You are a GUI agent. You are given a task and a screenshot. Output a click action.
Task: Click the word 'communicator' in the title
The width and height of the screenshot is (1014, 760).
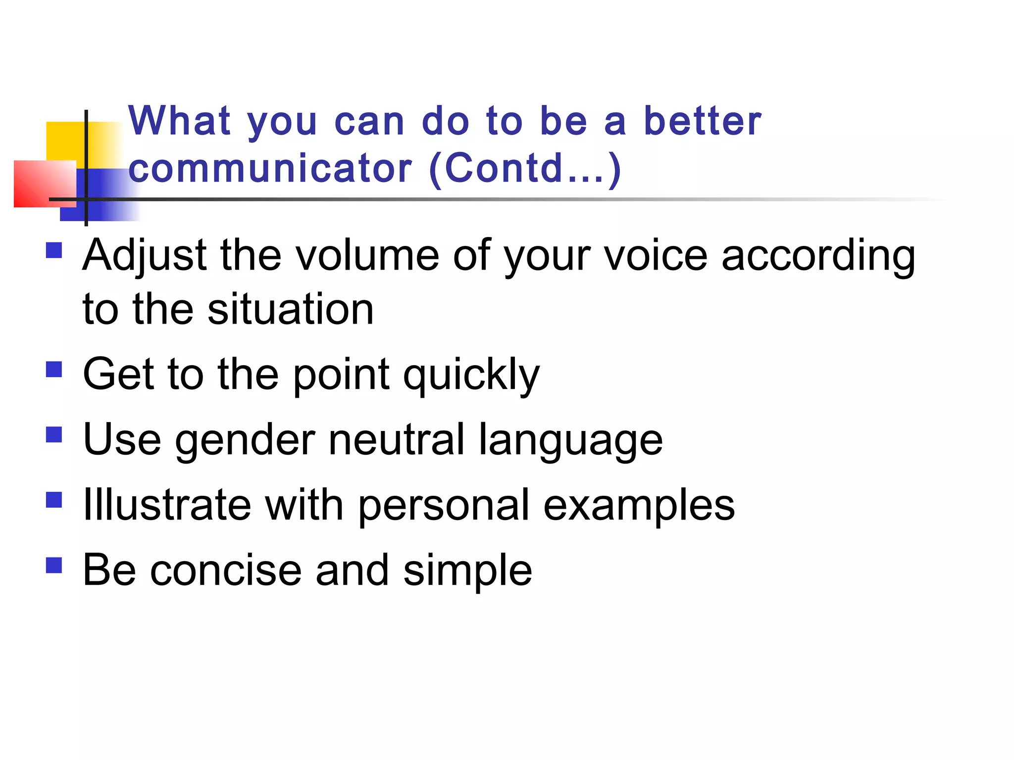[270, 168]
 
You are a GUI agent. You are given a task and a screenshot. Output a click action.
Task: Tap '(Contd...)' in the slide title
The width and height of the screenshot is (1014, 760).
[525, 168]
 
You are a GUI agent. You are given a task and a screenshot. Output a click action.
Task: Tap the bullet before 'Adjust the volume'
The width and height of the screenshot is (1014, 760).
[54, 250]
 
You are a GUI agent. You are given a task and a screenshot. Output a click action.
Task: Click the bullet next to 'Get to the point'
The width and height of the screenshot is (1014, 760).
[54, 369]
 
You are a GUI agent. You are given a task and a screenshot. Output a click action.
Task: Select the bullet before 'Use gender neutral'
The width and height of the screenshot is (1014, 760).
[54, 435]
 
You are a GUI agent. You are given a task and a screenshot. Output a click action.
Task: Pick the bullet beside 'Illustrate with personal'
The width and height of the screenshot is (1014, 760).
[54, 500]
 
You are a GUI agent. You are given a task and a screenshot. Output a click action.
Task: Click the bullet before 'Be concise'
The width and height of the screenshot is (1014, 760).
[54, 565]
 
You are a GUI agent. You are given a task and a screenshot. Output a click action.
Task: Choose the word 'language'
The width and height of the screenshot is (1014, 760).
[570, 441]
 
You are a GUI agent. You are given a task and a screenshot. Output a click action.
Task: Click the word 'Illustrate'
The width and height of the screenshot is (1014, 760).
[167, 505]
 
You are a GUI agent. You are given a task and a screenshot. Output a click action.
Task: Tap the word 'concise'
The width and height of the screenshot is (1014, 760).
[226, 570]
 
